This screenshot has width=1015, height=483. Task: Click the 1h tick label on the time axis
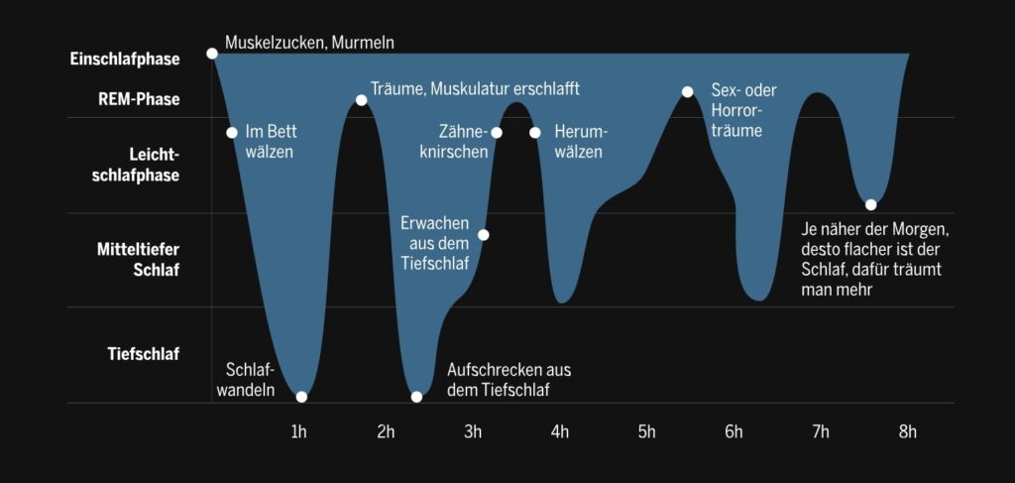click(298, 431)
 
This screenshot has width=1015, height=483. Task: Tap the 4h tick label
click(560, 431)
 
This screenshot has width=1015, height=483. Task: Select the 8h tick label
click(907, 431)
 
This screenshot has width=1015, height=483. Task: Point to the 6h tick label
click(733, 431)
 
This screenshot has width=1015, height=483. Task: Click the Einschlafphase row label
click(125, 60)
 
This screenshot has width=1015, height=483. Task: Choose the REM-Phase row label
click(139, 99)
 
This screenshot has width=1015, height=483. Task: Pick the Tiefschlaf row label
click(144, 354)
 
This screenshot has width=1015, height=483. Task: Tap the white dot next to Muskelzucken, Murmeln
click(211, 53)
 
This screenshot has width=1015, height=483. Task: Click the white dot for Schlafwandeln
click(301, 397)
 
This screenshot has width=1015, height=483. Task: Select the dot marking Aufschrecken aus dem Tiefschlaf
click(416, 397)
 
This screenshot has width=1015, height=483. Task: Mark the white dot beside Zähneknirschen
click(497, 133)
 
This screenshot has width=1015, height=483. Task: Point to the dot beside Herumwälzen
click(535, 133)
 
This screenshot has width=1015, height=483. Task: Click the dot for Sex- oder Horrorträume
click(687, 91)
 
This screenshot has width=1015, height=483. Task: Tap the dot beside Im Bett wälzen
click(232, 133)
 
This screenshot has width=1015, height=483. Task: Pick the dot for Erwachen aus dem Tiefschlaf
click(484, 235)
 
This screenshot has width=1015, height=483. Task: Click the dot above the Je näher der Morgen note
click(870, 205)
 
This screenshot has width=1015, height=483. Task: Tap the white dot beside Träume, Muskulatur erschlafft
click(361, 100)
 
